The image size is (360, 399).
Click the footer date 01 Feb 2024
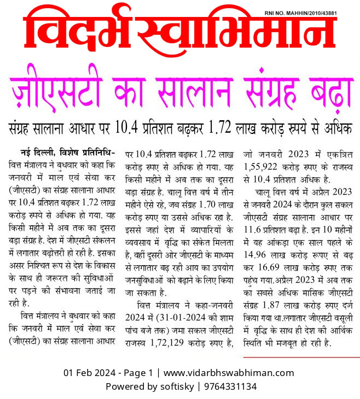tap(89, 373)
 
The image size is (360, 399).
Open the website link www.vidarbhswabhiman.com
tap(229, 373)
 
